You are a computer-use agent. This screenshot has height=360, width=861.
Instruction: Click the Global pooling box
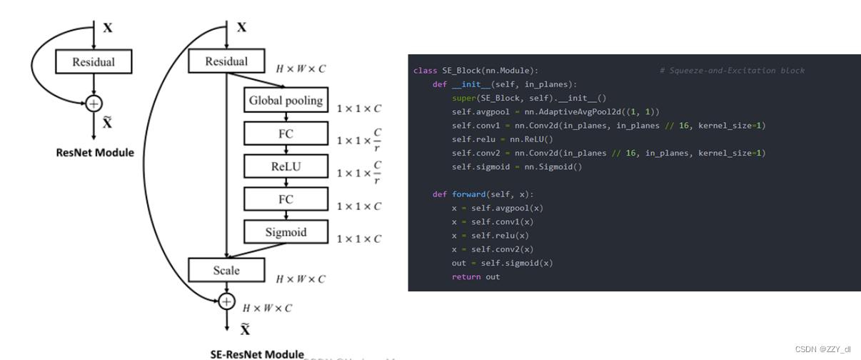click(286, 101)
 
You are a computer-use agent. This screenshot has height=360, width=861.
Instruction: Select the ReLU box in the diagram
click(286, 166)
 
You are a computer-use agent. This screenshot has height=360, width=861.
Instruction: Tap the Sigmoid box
click(286, 232)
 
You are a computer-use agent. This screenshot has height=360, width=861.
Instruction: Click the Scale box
click(226, 271)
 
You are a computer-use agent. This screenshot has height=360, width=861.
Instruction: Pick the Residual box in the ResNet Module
click(94, 62)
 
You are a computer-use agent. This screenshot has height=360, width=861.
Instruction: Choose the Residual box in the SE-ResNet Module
click(226, 61)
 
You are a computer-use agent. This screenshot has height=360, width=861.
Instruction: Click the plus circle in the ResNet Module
click(94, 104)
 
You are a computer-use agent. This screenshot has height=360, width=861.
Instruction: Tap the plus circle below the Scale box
click(226, 301)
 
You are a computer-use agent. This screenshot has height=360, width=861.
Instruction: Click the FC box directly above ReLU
click(286, 134)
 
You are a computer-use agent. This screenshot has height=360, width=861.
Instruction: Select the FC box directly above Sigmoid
click(286, 199)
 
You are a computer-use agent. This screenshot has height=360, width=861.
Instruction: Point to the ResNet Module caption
click(94, 152)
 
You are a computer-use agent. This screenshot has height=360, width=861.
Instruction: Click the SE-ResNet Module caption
click(257, 354)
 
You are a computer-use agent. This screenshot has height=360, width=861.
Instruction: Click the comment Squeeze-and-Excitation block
click(732, 71)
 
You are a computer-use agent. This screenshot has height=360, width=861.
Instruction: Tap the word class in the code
click(425, 71)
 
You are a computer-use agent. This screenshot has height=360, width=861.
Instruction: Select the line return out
click(475, 276)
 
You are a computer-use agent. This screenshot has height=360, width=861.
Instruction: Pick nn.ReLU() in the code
click(530, 139)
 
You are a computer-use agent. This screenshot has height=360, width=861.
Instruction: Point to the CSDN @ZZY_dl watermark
click(823, 349)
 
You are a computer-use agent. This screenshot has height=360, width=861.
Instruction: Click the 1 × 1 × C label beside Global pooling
click(358, 108)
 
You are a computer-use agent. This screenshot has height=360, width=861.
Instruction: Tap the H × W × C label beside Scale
click(301, 279)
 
